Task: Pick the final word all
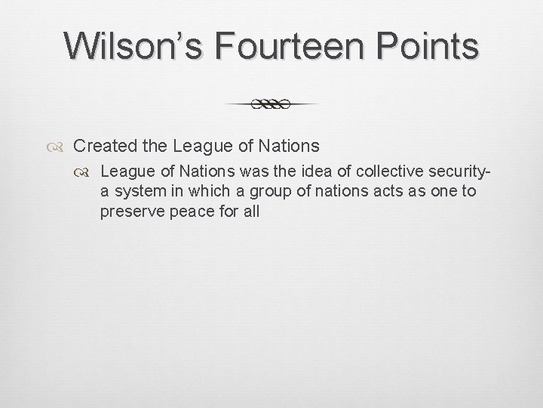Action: click(251, 212)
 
